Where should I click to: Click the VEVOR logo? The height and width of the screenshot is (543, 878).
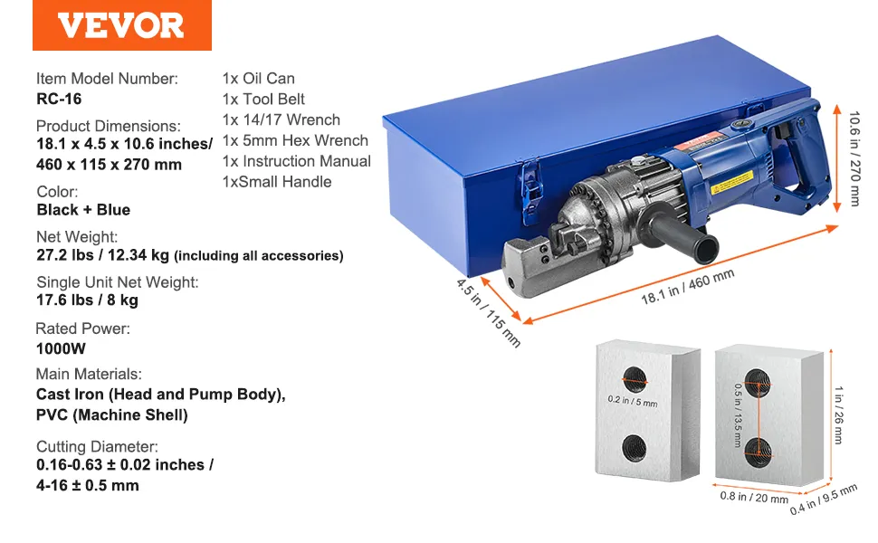point(121,25)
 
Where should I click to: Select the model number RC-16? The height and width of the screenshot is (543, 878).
point(59,99)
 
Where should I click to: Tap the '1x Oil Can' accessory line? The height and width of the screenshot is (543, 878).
point(258,79)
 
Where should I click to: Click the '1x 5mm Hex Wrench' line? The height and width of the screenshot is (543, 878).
point(295,140)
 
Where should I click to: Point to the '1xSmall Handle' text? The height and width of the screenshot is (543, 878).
point(277,182)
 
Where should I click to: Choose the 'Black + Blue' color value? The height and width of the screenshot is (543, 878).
point(83,210)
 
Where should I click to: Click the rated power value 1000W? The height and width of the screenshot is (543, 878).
point(61,348)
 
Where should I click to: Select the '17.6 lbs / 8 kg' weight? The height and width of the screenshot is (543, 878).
point(88,300)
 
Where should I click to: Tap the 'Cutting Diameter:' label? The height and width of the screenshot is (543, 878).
point(97,447)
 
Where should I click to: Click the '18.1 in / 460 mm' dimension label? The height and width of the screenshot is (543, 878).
point(688,287)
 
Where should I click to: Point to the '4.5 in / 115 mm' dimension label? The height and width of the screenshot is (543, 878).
point(488,313)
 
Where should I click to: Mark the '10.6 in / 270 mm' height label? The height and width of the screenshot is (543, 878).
point(854,158)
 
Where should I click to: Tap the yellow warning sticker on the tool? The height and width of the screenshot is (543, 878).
point(732,183)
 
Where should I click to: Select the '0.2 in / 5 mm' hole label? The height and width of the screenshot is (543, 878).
point(633,401)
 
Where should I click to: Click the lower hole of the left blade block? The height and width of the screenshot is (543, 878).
point(635,448)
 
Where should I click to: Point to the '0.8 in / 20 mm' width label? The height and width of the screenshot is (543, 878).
point(754,497)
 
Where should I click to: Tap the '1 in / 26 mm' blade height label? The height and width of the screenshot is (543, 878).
point(838,414)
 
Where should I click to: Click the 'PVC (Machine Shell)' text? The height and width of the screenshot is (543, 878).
point(112,415)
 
